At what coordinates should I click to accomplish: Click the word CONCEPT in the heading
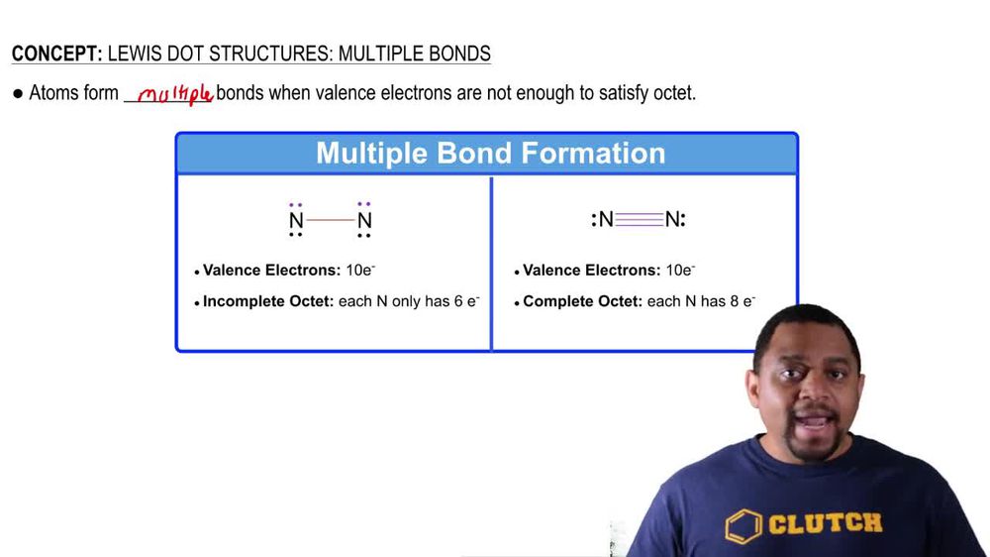52,54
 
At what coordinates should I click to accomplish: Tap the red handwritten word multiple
175,94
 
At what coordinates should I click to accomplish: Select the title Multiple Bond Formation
490,154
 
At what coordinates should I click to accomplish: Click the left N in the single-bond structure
296,220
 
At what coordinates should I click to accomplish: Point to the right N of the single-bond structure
364,220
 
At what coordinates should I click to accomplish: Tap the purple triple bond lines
639,220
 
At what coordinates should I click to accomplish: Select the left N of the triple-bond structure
606,220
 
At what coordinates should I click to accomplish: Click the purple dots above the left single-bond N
296,204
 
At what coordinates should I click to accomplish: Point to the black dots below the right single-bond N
364,236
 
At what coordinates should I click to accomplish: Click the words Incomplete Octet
268,301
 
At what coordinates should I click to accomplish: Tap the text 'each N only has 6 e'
408,301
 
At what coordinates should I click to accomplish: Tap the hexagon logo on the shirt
743,527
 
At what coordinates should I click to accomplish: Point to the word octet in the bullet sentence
670,94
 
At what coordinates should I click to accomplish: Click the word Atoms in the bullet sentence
51,94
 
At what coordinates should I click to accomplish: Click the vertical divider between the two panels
491,263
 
